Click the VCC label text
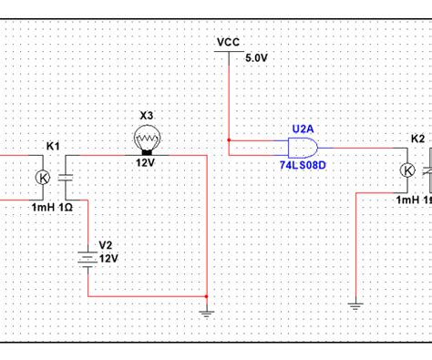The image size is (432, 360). [x=228, y=42]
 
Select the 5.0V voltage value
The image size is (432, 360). [x=258, y=57]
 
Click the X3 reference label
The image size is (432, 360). [x=147, y=115]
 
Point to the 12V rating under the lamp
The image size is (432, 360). [x=147, y=161]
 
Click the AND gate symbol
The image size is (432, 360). [x=302, y=148]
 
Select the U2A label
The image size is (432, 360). [x=303, y=129]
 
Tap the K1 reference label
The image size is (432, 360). [x=53, y=146]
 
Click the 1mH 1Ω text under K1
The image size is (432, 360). [x=52, y=207]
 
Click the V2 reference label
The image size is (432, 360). [x=106, y=245]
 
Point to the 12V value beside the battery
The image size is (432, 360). [x=108, y=259]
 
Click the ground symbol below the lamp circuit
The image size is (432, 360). [x=207, y=312]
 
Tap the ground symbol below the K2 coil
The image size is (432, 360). [x=354, y=303]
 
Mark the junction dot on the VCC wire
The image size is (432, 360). [x=228, y=140]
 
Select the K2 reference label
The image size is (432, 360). [x=417, y=139]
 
